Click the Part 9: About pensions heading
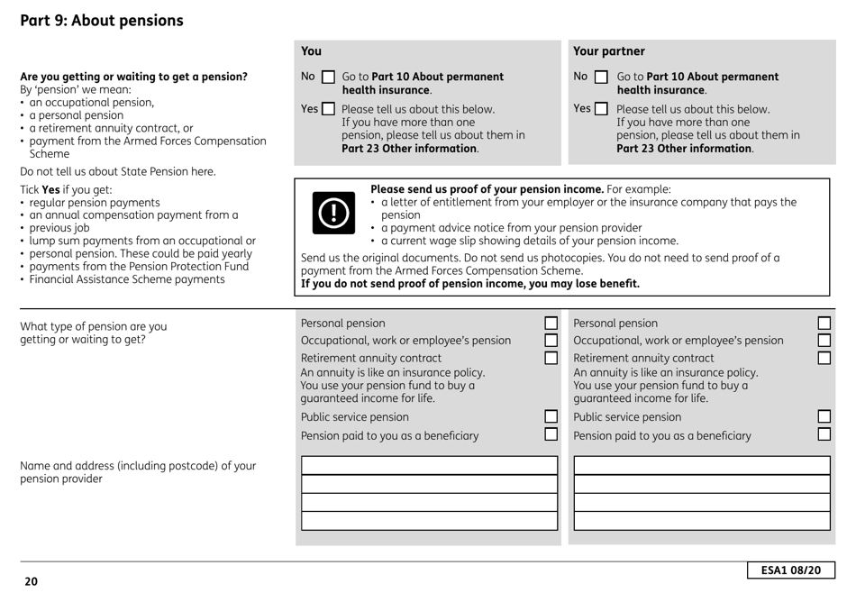pos(103,20)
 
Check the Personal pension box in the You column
pos(551,324)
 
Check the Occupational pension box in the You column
pos(551,341)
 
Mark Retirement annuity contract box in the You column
pos(551,359)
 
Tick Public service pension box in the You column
pos(551,417)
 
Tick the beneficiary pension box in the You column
pos(551,435)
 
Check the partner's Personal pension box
pos(824,324)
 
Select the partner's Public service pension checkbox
pos(824,417)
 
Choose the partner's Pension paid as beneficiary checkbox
pos(824,435)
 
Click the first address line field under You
pos(430,466)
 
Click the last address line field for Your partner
pos(702,521)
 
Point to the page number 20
pos(31,582)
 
